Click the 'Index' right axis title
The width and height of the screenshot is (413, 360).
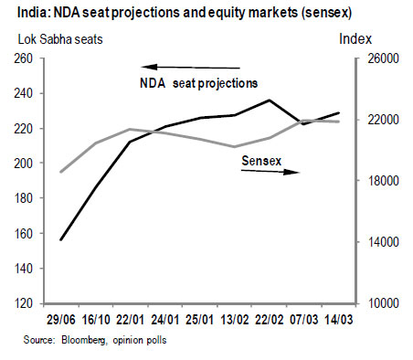(356, 39)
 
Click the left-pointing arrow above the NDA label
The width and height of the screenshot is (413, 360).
(189, 66)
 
